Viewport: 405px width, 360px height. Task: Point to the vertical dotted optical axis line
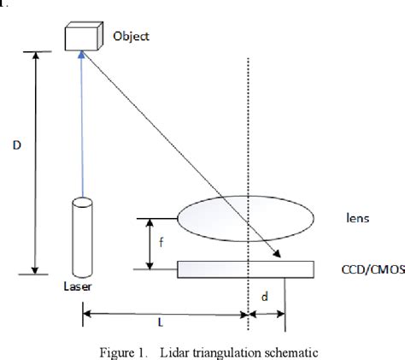pos(248,128)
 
